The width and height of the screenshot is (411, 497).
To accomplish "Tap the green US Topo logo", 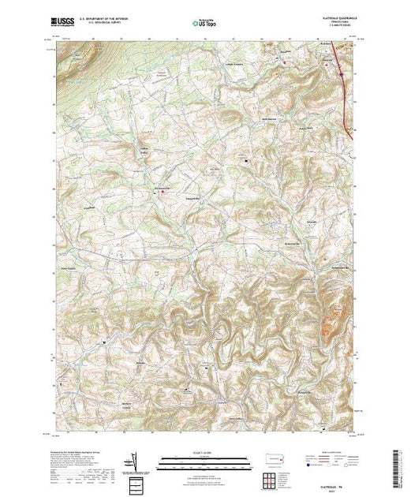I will tap(204, 24).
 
